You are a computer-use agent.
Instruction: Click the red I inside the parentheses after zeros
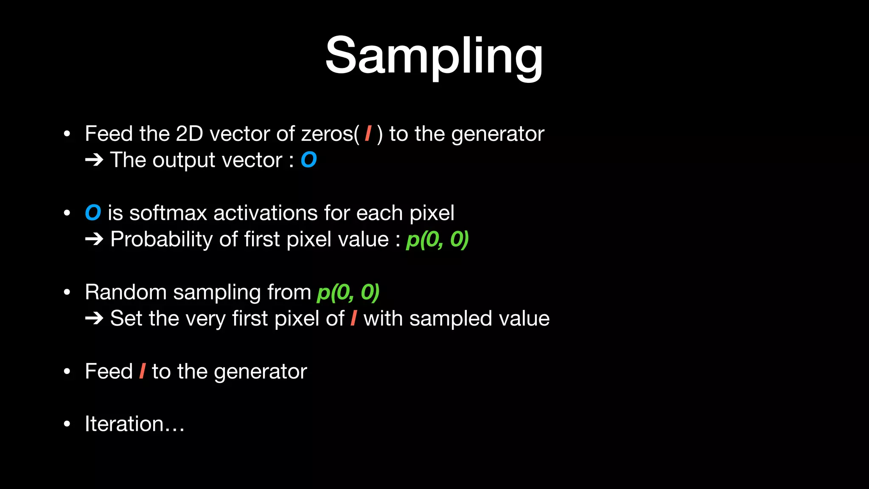[x=368, y=134]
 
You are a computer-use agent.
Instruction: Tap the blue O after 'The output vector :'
[x=308, y=160]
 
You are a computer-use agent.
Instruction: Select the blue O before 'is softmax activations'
[x=93, y=213]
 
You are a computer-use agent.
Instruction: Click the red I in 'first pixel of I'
[x=353, y=318]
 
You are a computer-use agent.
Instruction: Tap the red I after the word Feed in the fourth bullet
[x=142, y=371]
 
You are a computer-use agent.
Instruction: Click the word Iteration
[x=124, y=424]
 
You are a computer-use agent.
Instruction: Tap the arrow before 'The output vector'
[x=94, y=160]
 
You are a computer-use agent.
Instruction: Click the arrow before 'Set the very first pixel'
[x=94, y=319]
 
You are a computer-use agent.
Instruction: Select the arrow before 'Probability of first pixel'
[x=94, y=239]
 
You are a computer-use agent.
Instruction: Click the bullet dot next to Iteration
[x=67, y=424]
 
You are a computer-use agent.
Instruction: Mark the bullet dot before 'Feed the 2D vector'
[x=67, y=134]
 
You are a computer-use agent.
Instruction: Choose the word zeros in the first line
[x=327, y=134]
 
